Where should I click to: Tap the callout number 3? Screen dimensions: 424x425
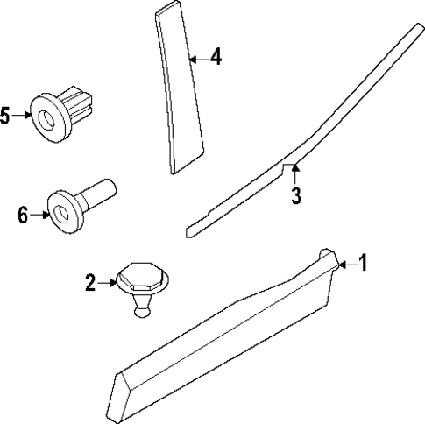[x=296, y=195]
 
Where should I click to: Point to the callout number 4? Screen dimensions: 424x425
[x=216, y=59]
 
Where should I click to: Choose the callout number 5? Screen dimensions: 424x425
[x=6, y=115]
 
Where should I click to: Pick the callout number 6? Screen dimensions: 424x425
[x=24, y=212]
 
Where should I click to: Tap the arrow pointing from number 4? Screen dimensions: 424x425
[x=198, y=60]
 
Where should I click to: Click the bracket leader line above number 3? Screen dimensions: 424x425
[x=294, y=169]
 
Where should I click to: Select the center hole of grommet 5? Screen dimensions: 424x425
[x=45, y=114]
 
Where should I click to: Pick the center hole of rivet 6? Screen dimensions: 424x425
[x=62, y=212]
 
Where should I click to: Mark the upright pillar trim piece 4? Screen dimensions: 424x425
[x=181, y=88]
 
